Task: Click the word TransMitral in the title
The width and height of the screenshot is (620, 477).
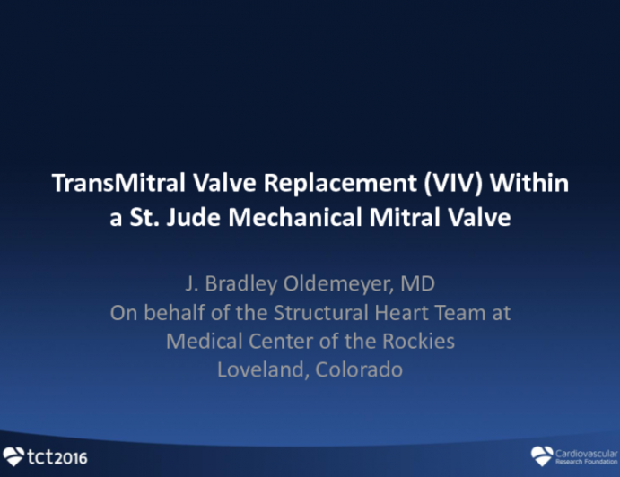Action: (x=106, y=184)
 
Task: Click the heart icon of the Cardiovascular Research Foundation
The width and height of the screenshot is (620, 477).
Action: (x=542, y=455)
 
